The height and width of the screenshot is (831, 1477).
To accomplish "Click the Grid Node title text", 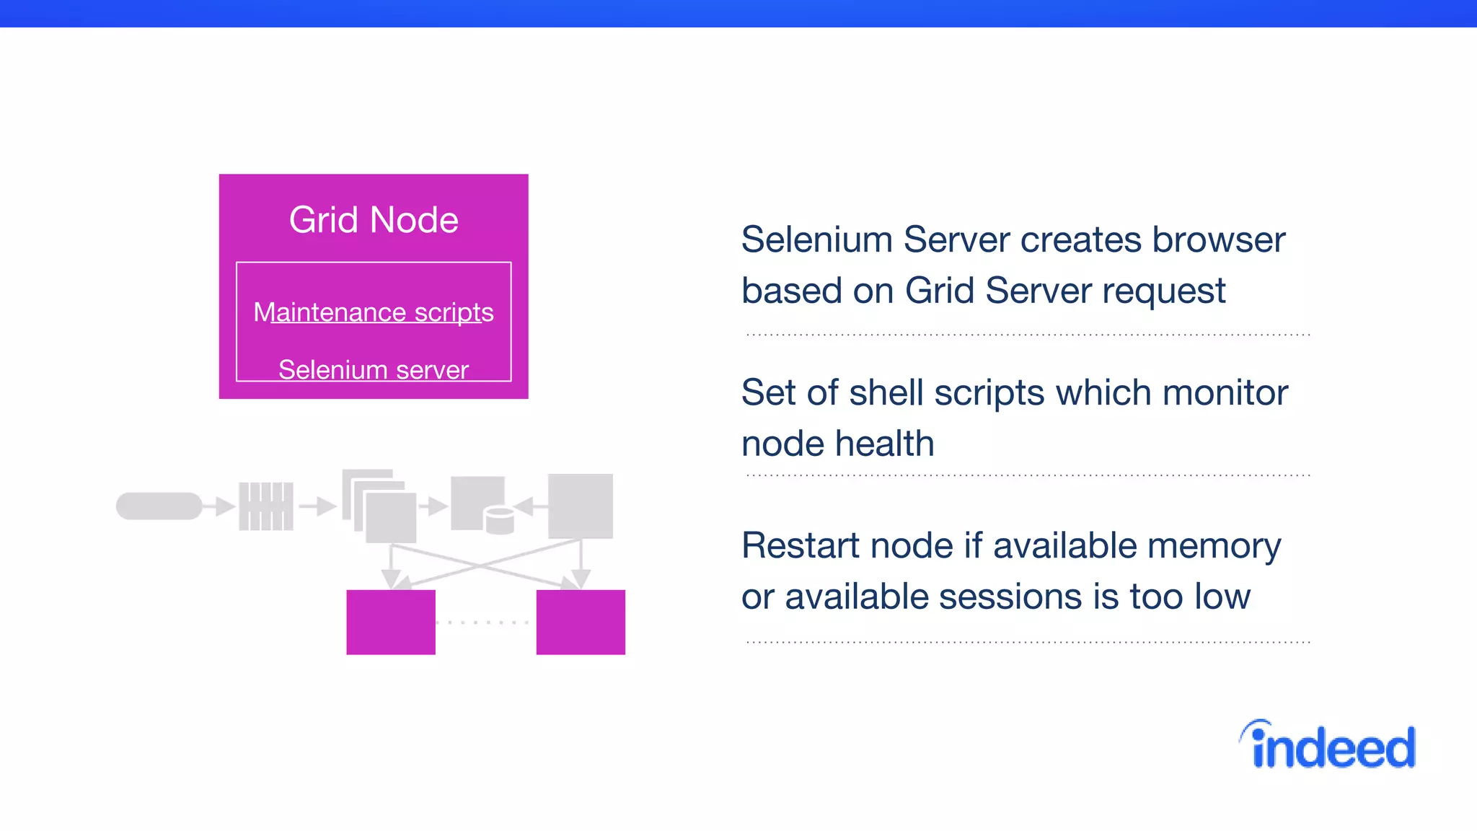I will click(x=374, y=220).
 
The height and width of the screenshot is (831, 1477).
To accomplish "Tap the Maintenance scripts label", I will click(x=374, y=312).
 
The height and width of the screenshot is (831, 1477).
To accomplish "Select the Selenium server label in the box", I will click(x=374, y=369).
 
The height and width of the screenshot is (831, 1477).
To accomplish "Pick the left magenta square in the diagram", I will click(x=391, y=622).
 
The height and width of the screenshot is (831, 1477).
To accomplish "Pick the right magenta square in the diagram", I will click(x=581, y=622).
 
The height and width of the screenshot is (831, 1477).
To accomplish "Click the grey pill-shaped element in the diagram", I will click(x=159, y=506).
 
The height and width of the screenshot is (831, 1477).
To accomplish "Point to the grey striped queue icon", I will click(x=266, y=506).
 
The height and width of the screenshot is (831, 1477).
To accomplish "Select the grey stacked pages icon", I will click(x=380, y=506).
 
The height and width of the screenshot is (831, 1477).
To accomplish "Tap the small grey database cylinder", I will click(x=499, y=521).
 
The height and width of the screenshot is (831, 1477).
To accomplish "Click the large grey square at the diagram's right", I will click(x=581, y=506).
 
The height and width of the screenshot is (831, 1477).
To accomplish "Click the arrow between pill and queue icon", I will click(x=220, y=506).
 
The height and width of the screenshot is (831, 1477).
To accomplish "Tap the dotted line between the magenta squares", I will click(x=485, y=622).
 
